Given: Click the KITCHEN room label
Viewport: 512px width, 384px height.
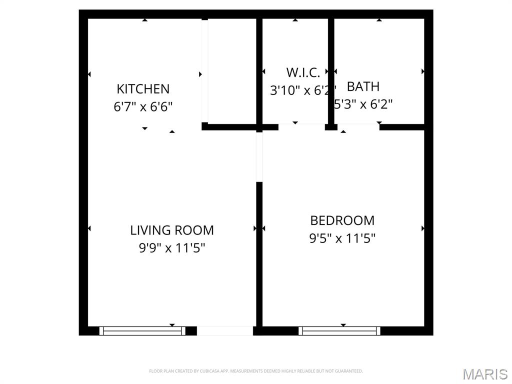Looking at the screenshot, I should coord(143,89).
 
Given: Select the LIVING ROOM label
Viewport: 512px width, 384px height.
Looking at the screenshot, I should coord(172,230).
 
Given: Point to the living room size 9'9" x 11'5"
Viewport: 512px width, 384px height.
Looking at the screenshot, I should coord(172,247).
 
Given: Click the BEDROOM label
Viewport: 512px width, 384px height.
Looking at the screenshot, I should coord(342,220).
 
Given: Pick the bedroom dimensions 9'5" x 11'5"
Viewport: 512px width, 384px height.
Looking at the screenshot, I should coord(342,238).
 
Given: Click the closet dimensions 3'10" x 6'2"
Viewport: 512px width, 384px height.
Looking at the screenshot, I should coord(300,90).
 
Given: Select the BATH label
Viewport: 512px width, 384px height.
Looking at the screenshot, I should coord(363,86).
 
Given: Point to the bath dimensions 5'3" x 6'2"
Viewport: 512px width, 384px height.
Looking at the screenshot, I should coord(364,104).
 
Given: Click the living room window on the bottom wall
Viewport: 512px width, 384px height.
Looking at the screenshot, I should coord(142,330).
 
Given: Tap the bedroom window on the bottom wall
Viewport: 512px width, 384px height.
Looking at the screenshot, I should coord(339,330).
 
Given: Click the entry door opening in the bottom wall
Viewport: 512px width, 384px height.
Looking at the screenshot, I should coord(225,330).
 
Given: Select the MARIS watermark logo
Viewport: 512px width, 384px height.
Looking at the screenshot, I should coord(485,374).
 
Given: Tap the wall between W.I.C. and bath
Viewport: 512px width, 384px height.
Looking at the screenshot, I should coord(330,70).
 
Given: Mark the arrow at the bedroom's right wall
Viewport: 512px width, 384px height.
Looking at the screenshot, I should coord(423,228).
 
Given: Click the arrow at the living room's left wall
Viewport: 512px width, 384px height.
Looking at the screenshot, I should coord(89,228).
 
